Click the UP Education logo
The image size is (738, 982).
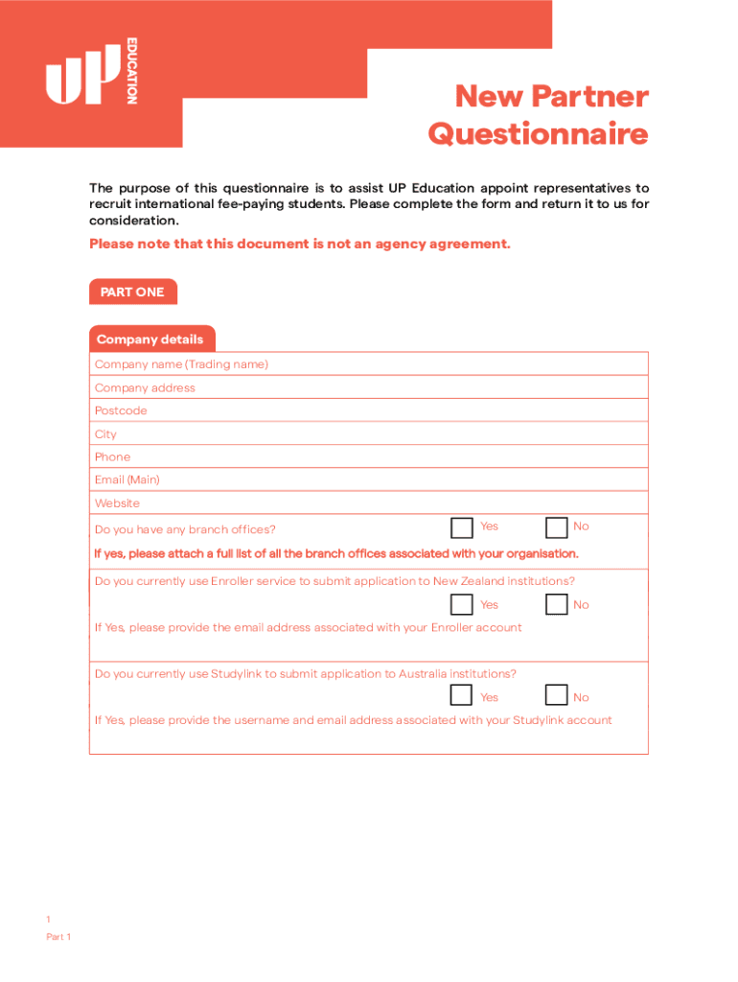[x=91, y=71]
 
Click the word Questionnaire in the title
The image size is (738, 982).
[x=538, y=134]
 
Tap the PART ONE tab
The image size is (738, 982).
[x=132, y=292]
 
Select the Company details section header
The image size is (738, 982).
[x=150, y=339]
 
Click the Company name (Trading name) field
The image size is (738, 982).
[x=368, y=364]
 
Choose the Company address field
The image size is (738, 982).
[x=368, y=387]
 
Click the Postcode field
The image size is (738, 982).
[x=368, y=410]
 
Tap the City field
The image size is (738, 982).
[x=368, y=434]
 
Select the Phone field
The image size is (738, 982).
[x=368, y=457]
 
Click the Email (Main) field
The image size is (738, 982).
[x=368, y=479]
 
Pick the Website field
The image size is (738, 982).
[x=368, y=503]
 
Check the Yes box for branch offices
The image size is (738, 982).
[x=462, y=528]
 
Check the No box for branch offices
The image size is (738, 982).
[x=556, y=528]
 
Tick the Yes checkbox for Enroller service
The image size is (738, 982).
[x=462, y=604]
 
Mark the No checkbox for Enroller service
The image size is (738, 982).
[x=556, y=604]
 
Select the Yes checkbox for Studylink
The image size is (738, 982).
[x=462, y=696]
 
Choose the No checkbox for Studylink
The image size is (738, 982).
[x=556, y=696]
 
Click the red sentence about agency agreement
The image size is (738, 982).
[x=300, y=244]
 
